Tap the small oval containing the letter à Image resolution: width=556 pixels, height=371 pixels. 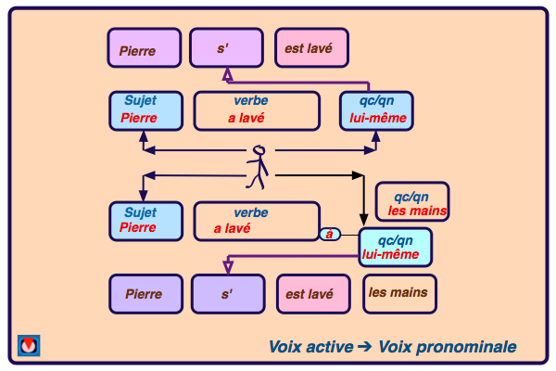point(329,234)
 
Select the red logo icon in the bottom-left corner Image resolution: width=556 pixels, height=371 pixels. point(29,345)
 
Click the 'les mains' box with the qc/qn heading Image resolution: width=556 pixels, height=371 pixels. point(413,202)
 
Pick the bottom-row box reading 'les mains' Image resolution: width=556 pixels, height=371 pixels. point(398,293)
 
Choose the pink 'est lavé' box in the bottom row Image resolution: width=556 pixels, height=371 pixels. point(313,293)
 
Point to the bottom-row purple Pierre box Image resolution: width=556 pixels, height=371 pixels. point(144,293)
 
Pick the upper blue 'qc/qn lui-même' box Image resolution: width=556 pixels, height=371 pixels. point(376,110)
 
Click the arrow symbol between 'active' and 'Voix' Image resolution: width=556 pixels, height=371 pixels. point(364,347)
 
